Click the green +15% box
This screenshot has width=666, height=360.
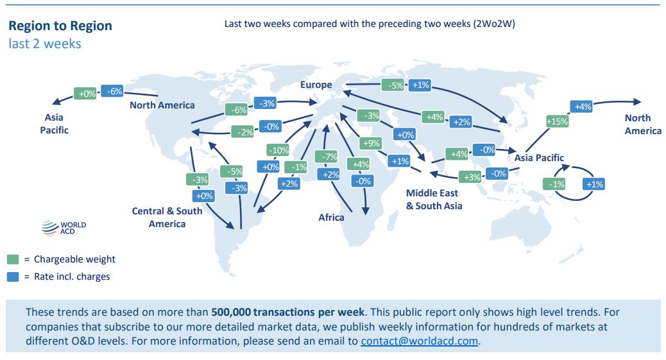(557, 121)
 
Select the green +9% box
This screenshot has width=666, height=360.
(371, 143)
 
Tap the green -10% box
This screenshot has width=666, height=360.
(278, 150)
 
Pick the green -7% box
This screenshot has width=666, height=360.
(326, 157)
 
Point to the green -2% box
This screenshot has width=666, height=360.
(243, 132)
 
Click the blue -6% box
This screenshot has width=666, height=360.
(112, 91)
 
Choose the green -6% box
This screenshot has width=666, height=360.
(236, 110)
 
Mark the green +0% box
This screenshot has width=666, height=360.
(85, 94)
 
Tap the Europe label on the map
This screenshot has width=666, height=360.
(316, 85)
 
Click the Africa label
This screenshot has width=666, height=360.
(331, 217)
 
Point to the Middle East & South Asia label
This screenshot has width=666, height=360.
(434, 200)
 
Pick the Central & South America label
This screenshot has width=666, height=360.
(167, 217)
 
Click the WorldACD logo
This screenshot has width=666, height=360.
(64, 228)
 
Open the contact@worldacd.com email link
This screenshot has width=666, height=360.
(419, 341)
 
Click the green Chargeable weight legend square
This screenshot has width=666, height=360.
(13, 259)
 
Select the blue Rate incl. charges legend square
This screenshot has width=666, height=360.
(13, 277)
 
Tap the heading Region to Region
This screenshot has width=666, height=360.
(60, 26)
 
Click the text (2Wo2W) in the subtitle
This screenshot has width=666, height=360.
(495, 24)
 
